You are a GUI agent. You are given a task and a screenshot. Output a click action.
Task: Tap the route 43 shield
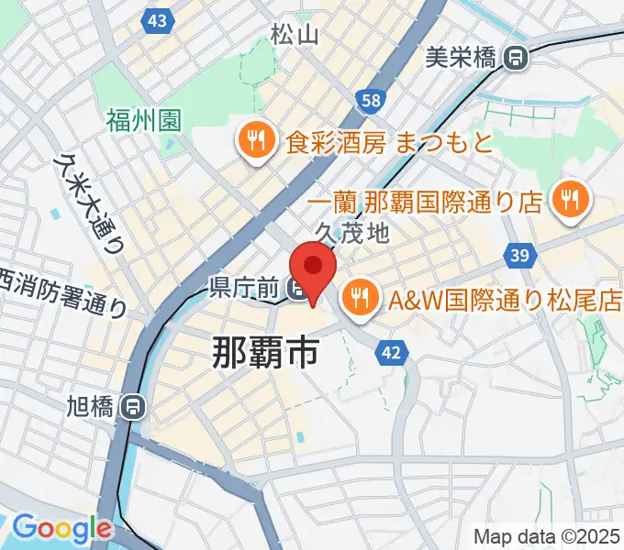(157, 19)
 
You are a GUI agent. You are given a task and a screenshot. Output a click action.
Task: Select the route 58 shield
(371, 100)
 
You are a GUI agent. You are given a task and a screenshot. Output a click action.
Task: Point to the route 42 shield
(392, 353)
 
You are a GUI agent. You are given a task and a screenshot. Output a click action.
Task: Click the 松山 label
(295, 35)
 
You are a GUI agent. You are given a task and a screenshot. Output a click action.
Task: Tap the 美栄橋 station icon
(517, 59)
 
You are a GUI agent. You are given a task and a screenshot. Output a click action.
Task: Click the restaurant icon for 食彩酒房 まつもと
(253, 141)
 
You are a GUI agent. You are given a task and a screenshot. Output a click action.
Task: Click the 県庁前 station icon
(299, 291)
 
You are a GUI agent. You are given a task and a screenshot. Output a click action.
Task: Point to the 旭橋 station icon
(134, 405)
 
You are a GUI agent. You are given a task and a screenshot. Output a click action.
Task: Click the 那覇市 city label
(265, 351)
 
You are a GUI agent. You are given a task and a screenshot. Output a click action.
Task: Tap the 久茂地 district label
(351, 234)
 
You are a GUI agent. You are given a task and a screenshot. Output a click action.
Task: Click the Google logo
(61, 529)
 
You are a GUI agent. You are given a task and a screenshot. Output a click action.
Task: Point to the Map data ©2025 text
(545, 536)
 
